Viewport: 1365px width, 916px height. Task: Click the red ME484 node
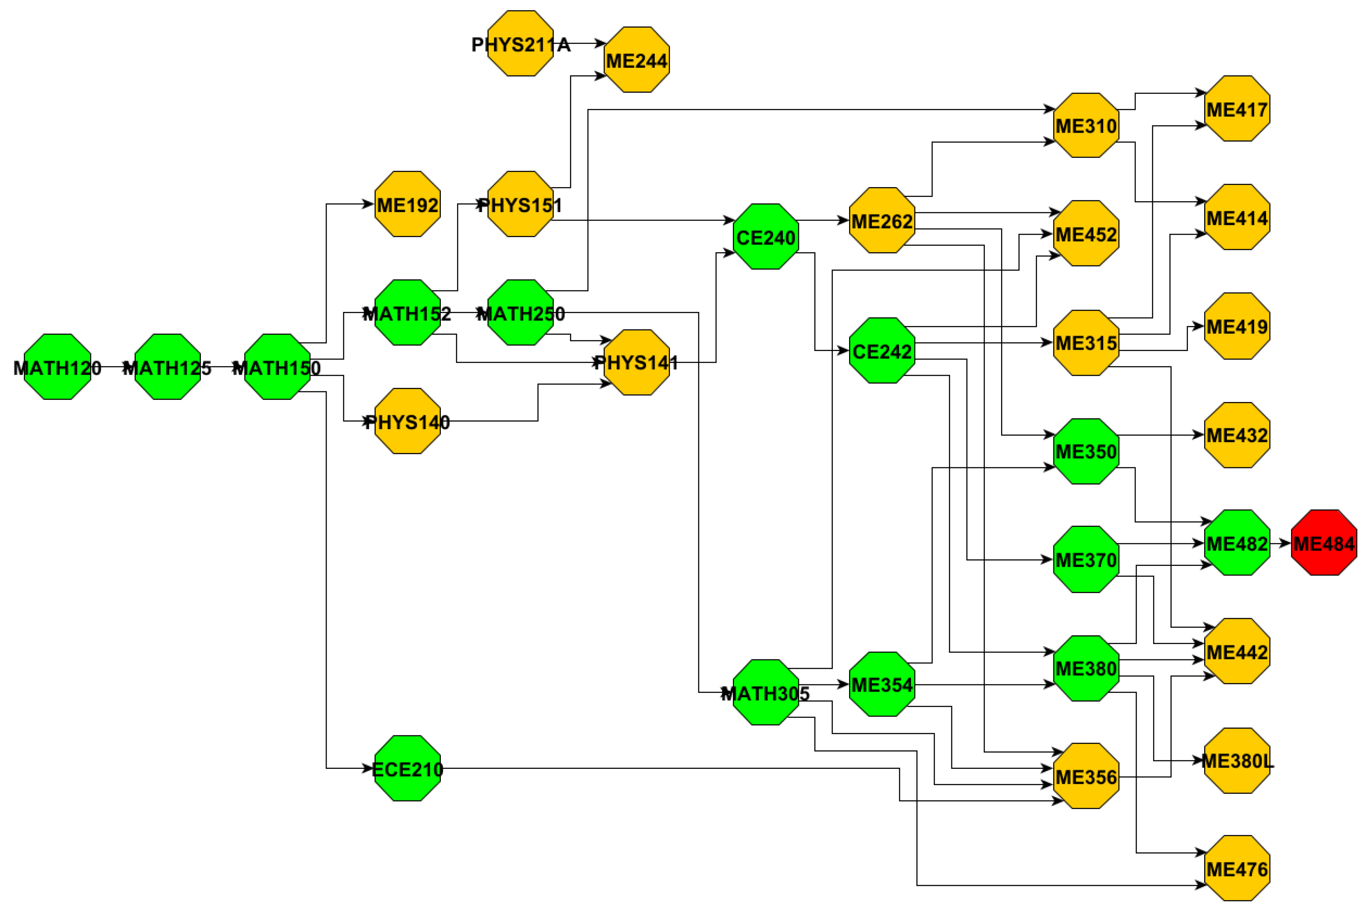(x=1324, y=543)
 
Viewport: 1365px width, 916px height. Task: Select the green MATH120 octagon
(x=57, y=367)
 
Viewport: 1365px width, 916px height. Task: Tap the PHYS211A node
(x=520, y=43)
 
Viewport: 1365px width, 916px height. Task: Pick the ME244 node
(x=636, y=60)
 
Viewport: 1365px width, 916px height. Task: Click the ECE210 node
(x=407, y=768)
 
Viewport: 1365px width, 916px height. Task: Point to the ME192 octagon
(x=407, y=204)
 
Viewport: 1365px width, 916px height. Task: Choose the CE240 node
(x=766, y=237)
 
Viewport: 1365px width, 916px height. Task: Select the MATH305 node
(x=766, y=692)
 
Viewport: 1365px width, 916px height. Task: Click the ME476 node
(x=1237, y=868)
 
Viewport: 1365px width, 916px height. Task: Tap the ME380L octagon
(x=1237, y=760)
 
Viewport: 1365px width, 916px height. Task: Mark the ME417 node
(x=1237, y=109)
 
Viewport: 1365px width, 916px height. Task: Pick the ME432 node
(x=1237, y=434)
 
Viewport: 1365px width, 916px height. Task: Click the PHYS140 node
(x=407, y=420)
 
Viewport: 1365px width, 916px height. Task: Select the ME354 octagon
(x=882, y=684)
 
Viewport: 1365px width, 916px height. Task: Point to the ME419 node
(x=1237, y=326)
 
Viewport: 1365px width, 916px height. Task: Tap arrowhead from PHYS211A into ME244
(x=600, y=43)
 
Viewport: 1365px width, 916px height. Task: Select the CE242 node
(x=882, y=351)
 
